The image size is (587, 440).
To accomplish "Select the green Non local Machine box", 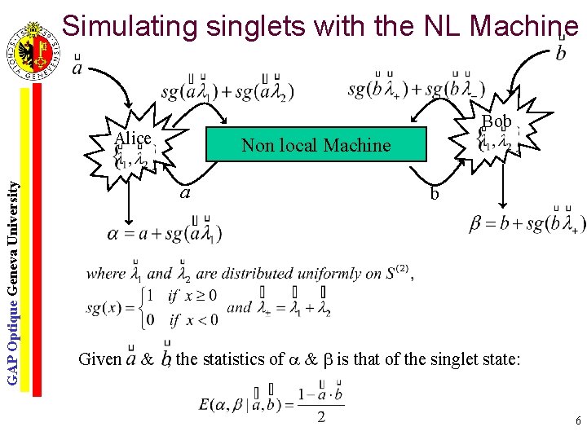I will (316, 145).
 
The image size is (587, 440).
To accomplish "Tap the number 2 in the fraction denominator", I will (321, 417).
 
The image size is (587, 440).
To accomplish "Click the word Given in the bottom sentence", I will (99, 358).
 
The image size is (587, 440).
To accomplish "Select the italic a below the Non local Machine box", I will (185, 193).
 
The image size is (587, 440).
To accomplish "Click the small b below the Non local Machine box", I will (435, 195).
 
